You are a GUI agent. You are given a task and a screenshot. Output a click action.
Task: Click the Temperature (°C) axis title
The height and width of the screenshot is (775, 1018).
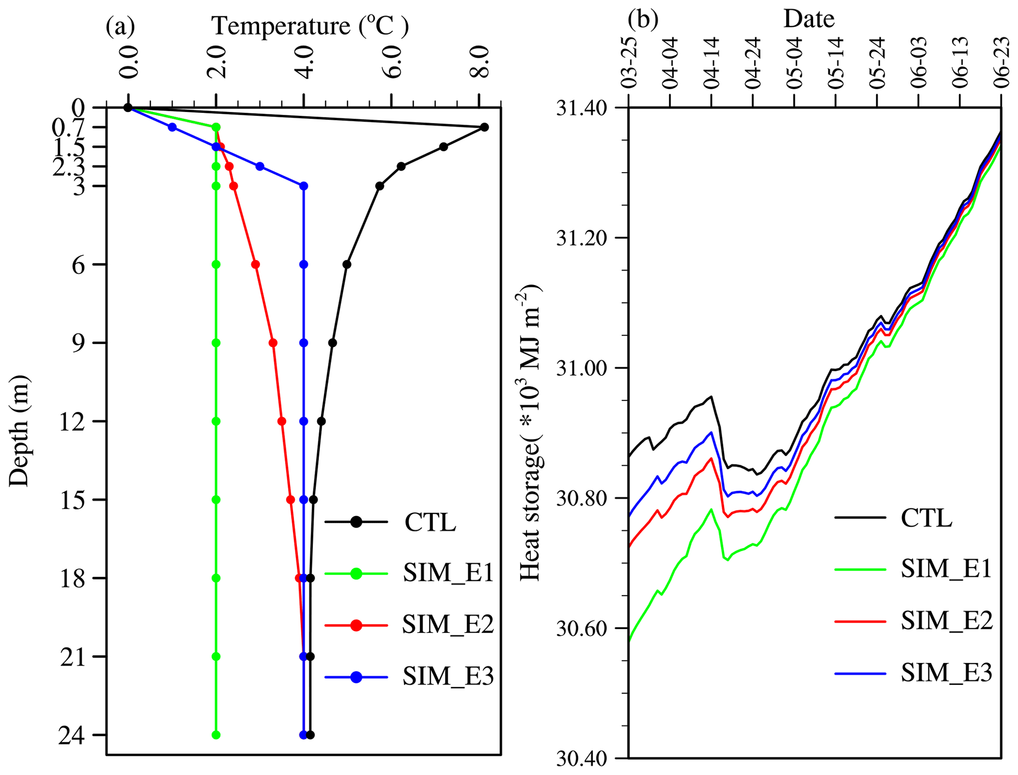[310, 26]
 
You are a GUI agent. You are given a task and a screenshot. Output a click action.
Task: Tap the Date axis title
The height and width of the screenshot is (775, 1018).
[809, 19]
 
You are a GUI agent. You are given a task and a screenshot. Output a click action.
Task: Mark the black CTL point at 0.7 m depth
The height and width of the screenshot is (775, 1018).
[484, 127]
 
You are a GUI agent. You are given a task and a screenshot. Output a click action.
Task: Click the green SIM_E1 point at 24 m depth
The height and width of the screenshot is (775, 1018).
[216, 735]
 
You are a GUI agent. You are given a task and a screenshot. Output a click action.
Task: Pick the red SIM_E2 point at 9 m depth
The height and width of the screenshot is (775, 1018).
[273, 343]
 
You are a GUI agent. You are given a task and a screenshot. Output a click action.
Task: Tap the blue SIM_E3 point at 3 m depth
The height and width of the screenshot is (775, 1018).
[304, 186]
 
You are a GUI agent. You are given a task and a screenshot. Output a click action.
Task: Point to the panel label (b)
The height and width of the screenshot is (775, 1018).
[643, 19]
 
